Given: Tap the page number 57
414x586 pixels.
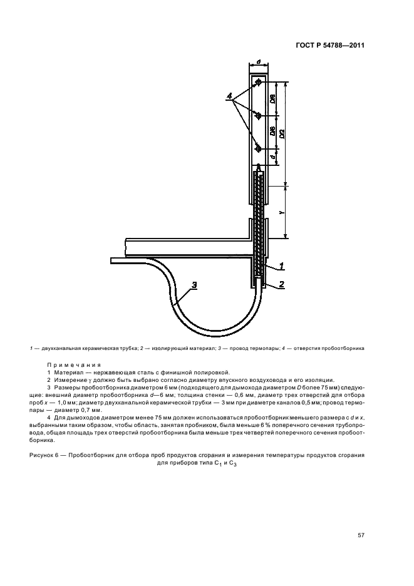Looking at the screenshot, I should tap(361, 535).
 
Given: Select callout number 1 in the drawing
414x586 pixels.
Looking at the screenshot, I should tap(282, 266).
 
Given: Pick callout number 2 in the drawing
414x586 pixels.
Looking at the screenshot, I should tap(282, 284).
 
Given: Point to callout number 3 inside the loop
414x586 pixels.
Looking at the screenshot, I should tap(194, 285).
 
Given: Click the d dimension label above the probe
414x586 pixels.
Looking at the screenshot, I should tap(259, 63).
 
